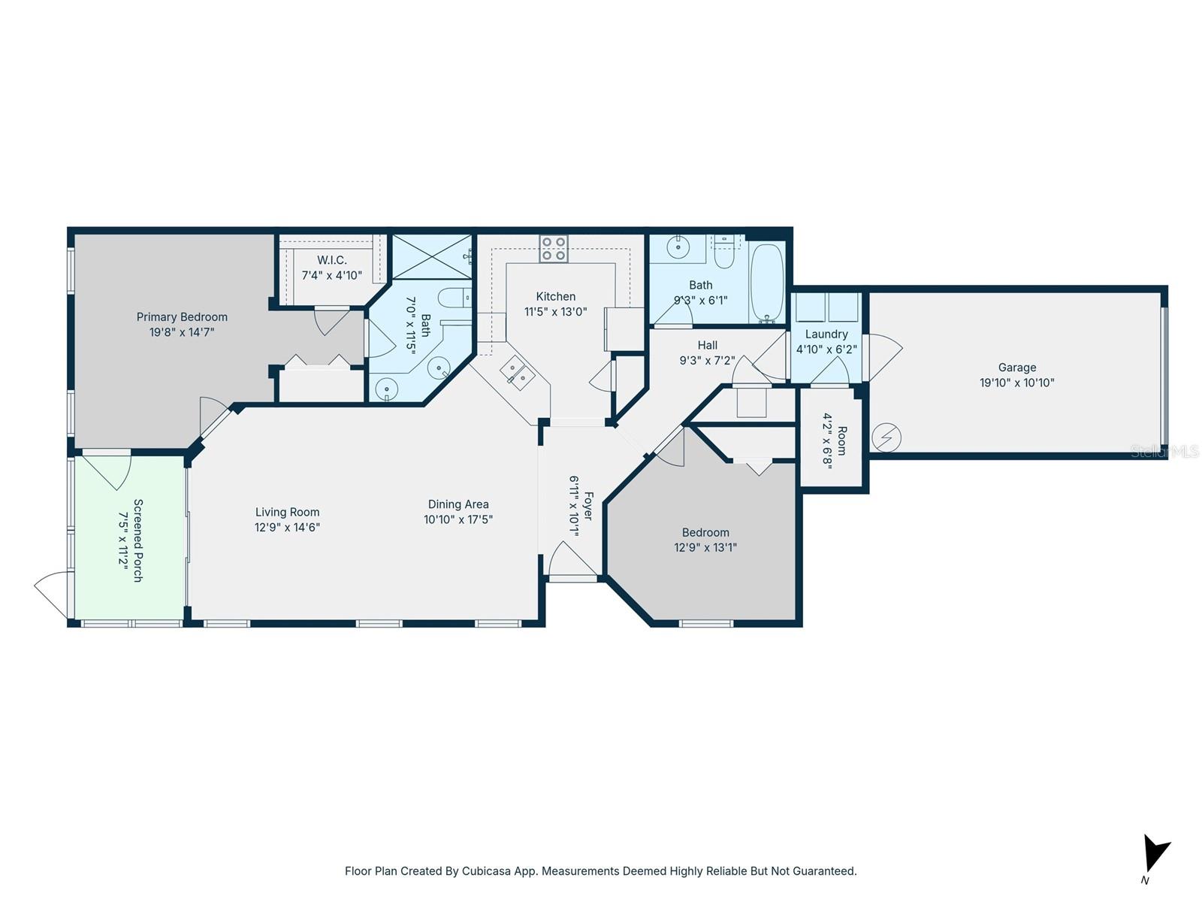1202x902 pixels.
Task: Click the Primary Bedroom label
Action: [182, 317]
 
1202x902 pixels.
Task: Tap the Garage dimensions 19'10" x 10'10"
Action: [1016, 383]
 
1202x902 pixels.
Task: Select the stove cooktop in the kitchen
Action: [554, 249]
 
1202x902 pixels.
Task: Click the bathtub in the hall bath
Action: [767, 283]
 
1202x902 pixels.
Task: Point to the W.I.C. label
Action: [331, 260]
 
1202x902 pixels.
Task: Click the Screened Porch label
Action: [137, 540]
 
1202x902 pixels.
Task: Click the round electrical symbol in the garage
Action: [886, 437]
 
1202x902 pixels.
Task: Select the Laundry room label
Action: [826, 334]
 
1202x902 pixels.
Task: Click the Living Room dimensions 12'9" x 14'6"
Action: [287, 528]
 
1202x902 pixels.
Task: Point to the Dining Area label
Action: [458, 504]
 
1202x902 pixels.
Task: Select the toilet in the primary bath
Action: [455, 297]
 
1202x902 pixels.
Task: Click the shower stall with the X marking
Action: [431, 256]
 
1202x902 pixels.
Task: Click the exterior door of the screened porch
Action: [53, 594]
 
